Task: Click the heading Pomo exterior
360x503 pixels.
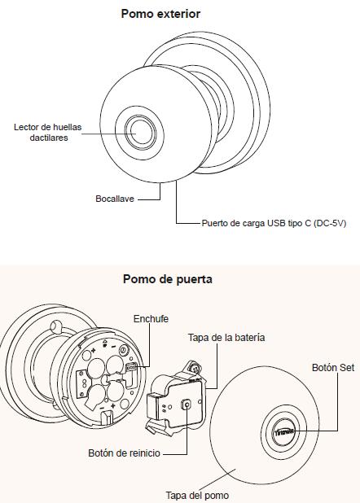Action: (160, 14)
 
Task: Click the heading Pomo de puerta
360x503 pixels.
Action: (167, 279)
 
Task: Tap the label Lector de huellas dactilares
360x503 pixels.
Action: (48, 132)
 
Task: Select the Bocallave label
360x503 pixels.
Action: (115, 199)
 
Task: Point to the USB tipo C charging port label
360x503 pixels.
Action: (274, 223)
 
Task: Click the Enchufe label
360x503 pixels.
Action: (151, 319)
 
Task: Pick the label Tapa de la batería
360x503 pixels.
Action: (226, 338)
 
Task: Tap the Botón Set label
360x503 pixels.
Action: (333, 367)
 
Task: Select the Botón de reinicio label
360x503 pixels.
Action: (124, 453)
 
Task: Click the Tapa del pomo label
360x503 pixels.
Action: (197, 495)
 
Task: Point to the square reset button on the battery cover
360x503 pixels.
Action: (187, 405)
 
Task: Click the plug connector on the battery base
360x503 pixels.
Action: (132, 366)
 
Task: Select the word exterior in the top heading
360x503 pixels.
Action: (181, 14)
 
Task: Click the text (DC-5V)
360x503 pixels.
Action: (330, 223)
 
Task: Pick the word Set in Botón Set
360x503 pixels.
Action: (347, 367)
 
